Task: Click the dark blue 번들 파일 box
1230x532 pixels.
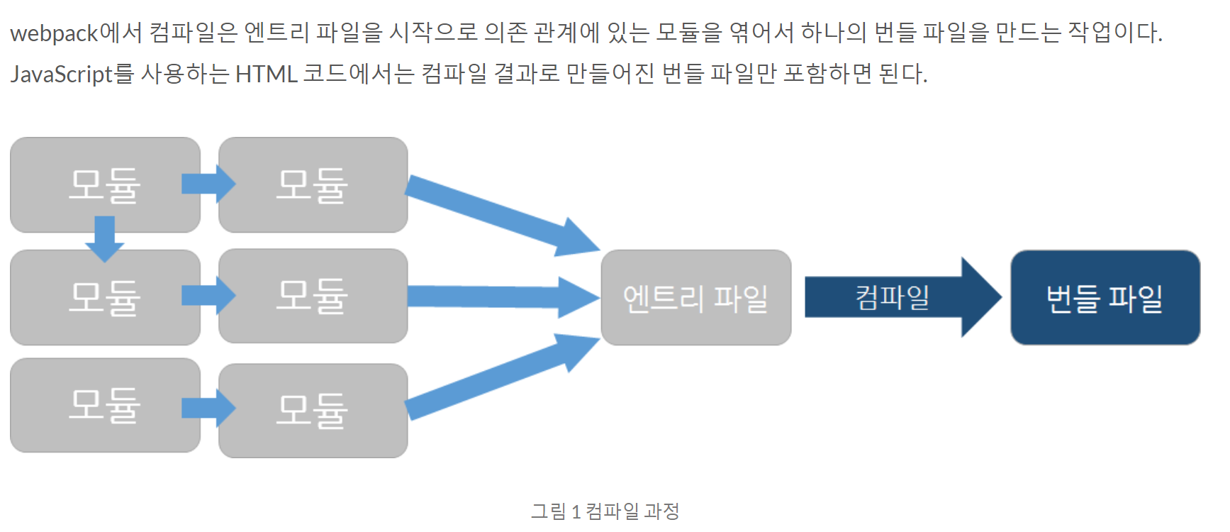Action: pyautogui.click(x=1105, y=298)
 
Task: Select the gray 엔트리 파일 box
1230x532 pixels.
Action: pyautogui.click(x=695, y=298)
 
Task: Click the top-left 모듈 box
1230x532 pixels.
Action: pyautogui.click(x=105, y=185)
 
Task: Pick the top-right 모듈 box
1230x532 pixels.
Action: pyautogui.click(x=313, y=185)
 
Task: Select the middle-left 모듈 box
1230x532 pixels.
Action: pyautogui.click(x=105, y=297)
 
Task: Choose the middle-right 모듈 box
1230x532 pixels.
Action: pyautogui.click(x=313, y=296)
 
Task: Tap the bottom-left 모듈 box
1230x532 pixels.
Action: pyautogui.click(x=105, y=405)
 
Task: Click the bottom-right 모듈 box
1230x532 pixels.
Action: pyautogui.click(x=313, y=411)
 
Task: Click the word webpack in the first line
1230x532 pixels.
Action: pyautogui.click(x=54, y=33)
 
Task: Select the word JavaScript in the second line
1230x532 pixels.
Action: pyautogui.click(x=62, y=74)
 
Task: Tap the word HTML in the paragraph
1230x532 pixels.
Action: pyautogui.click(x=266, y=74)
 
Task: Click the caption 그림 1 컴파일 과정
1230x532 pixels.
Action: pyautogui.click(x=605, y=511)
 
